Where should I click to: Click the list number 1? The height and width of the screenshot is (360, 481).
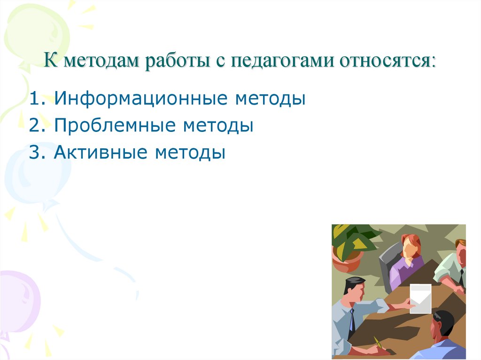34,99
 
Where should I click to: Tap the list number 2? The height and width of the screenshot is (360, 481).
35,126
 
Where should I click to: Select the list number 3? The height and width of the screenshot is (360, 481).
35,153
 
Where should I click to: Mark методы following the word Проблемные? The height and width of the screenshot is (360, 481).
218,126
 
